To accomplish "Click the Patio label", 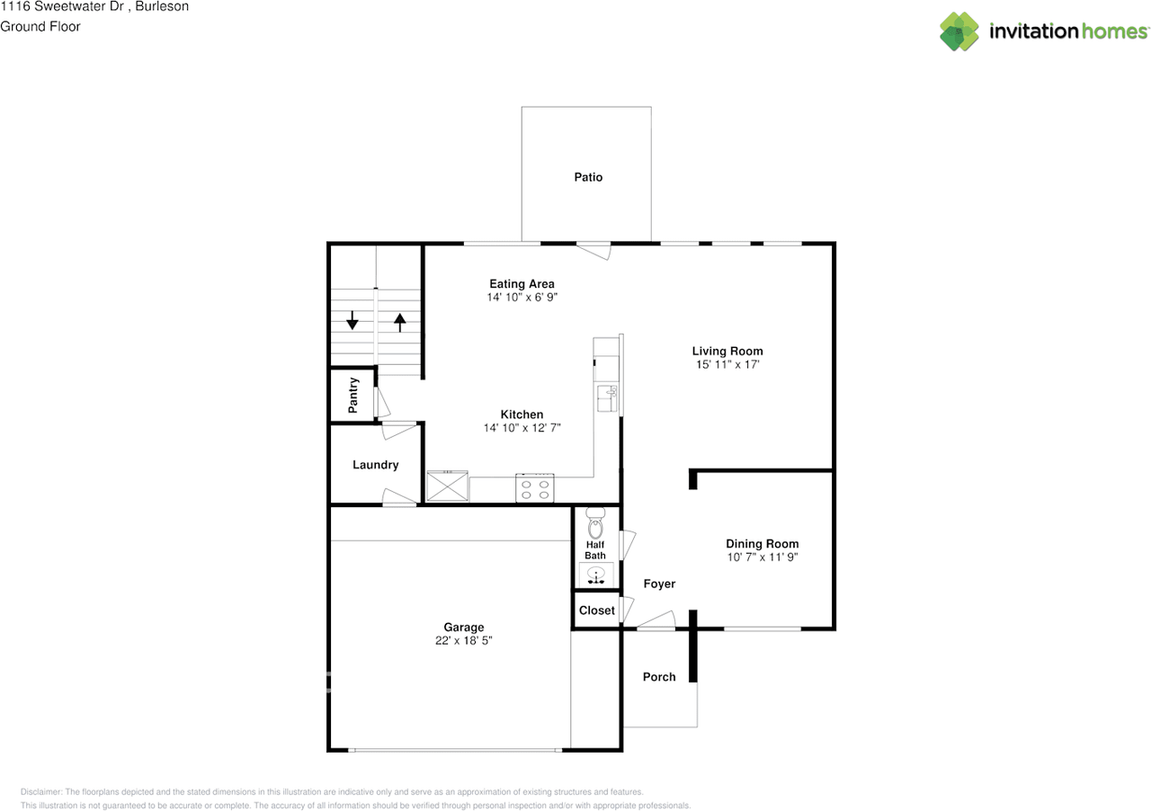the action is click(588, 177).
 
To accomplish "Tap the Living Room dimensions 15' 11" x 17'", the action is click(727, 364).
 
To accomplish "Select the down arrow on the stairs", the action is click(352, 320).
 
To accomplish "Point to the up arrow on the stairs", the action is click(400, 322).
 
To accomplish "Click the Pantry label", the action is click(353, 396).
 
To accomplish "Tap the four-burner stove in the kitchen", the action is click(535, 487).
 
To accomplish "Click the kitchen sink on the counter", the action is click(607, 398).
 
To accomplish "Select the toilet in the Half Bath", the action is click(595, 522).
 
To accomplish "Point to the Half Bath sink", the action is click(596, 575).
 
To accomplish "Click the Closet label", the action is click(596, 610).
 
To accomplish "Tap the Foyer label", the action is click(659, 584).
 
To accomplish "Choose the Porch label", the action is click(659, 677).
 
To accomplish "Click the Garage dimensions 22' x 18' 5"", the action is click(463, 640).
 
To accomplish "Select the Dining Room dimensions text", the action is click(762, 557).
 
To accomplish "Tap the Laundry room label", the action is click(376, 465).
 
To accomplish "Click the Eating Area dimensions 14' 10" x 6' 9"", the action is click(522, 297).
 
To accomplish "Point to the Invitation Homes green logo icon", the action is click(959, 31).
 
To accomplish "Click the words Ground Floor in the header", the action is click(40, 27).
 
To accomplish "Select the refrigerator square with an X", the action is click(448, 486).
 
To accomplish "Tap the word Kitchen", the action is click(522, 414).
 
